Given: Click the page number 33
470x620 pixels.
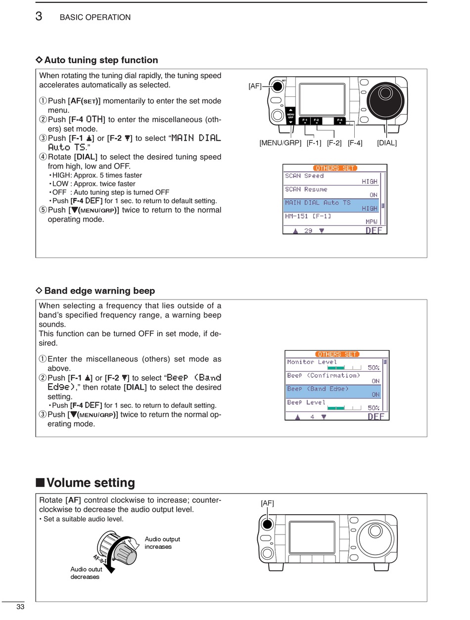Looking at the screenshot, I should (20, 607).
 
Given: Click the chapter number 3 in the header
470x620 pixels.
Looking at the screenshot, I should (39, 16).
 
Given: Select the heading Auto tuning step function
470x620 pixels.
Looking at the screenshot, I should (101, 60).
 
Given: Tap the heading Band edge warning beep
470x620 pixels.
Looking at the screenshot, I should (99, 291).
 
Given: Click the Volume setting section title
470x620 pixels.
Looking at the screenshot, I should (91, 483).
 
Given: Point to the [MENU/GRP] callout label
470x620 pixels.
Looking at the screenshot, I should (280, 143).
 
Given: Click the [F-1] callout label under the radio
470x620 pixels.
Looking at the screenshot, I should (314, 143).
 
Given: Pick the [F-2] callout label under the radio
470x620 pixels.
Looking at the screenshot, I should (334, 143).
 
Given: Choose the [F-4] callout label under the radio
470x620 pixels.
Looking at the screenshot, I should (355, 143).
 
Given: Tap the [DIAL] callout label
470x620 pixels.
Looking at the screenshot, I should (386, 143).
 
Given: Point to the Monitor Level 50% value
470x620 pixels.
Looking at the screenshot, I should (374, 367).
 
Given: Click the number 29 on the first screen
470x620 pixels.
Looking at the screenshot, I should (308, 230).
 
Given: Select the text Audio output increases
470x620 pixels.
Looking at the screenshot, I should (162, 543).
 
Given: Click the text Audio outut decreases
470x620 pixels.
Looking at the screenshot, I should (86, 573).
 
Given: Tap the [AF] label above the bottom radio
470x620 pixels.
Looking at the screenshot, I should (267, 503).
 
